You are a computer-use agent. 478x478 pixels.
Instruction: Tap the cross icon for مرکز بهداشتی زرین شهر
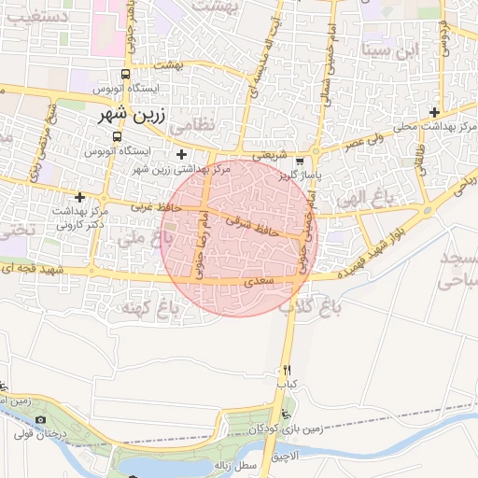pos(181,154)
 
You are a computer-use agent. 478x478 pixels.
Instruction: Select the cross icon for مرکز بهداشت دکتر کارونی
pos(80,197)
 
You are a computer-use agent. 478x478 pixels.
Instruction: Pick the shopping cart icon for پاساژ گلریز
pos(300,160)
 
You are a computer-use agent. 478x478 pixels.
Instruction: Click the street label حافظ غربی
pos(148,205)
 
